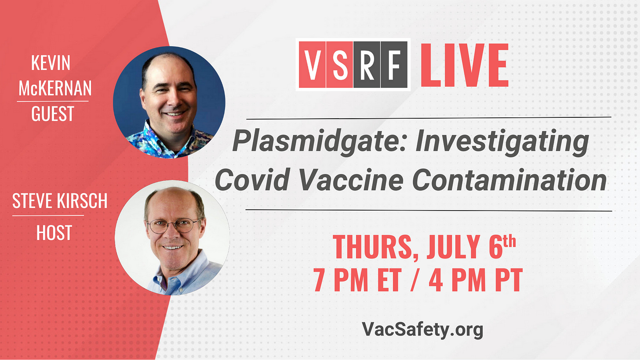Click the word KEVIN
click(51, 62)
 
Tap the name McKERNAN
click(55, 88)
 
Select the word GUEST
click(53, 113)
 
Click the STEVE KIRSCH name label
click(60, 200)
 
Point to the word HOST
click(54, 233)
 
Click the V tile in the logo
click(312, 65)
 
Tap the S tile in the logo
click(339, 65)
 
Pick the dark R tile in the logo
click(367, 65)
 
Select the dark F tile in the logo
click(394, 65)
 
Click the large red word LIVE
click(465, 65)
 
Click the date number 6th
click(502, 246)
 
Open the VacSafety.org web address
click(422, 329)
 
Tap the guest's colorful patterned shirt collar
click(154, 137)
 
